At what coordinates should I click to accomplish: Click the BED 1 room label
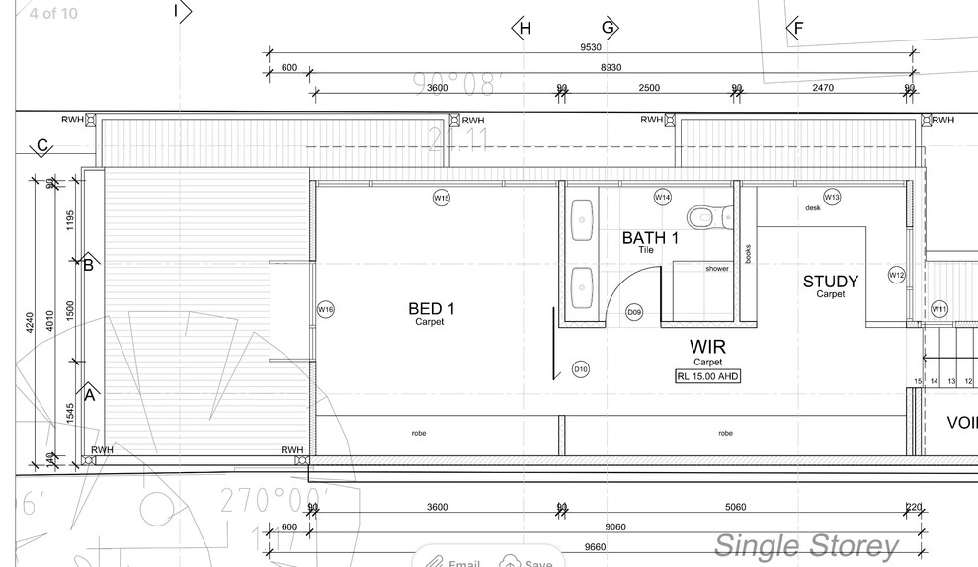432,309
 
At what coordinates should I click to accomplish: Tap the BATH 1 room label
650,238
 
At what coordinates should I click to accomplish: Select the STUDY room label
830,282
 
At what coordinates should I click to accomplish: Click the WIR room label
708,347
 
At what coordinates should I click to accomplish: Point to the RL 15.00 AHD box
707,376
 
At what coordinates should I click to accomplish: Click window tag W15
442,198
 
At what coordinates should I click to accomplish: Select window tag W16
325,309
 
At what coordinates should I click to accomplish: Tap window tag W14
663,198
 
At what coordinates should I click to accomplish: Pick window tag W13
832,198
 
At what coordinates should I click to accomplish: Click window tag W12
896,275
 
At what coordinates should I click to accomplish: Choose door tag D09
635,312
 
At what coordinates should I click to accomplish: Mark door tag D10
581,369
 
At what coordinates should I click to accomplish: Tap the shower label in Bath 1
716,269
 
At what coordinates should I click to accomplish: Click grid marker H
524,28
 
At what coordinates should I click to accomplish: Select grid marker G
609,28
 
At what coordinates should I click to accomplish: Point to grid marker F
797,28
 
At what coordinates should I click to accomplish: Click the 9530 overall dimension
591,47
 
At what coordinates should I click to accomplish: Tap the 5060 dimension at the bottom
735,507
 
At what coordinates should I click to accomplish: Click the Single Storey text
806,545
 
